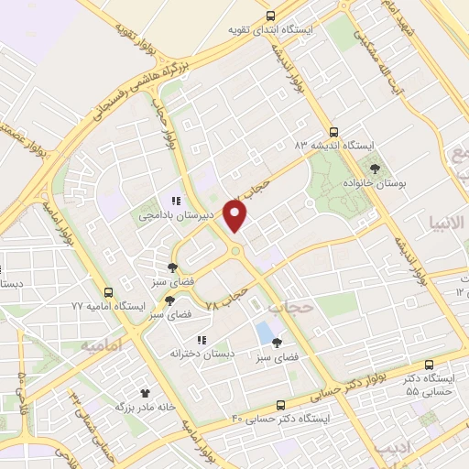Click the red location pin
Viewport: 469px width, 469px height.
tap(236, 217)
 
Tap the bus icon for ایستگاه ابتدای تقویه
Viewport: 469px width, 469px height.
tap(270, 16)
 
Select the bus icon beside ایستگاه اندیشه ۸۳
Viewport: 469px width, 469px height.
tap(334, 131)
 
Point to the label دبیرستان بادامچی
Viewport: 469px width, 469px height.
tap(176, 216)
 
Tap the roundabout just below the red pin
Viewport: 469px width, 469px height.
tap(236, 250)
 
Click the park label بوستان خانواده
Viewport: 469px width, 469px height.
tap(376, 185)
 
